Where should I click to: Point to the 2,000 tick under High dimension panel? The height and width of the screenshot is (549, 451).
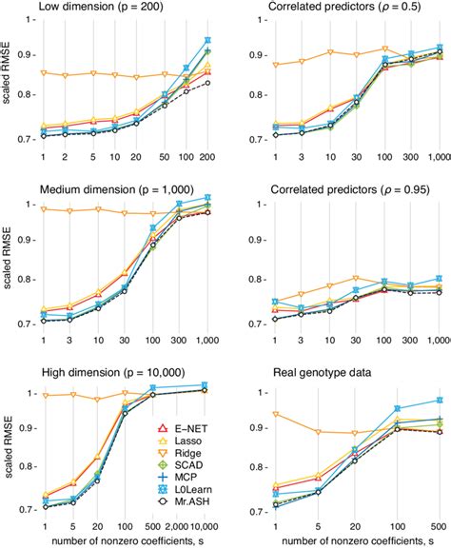[178, 523]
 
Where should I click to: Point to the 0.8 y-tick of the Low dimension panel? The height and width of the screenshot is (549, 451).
[26, 96]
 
